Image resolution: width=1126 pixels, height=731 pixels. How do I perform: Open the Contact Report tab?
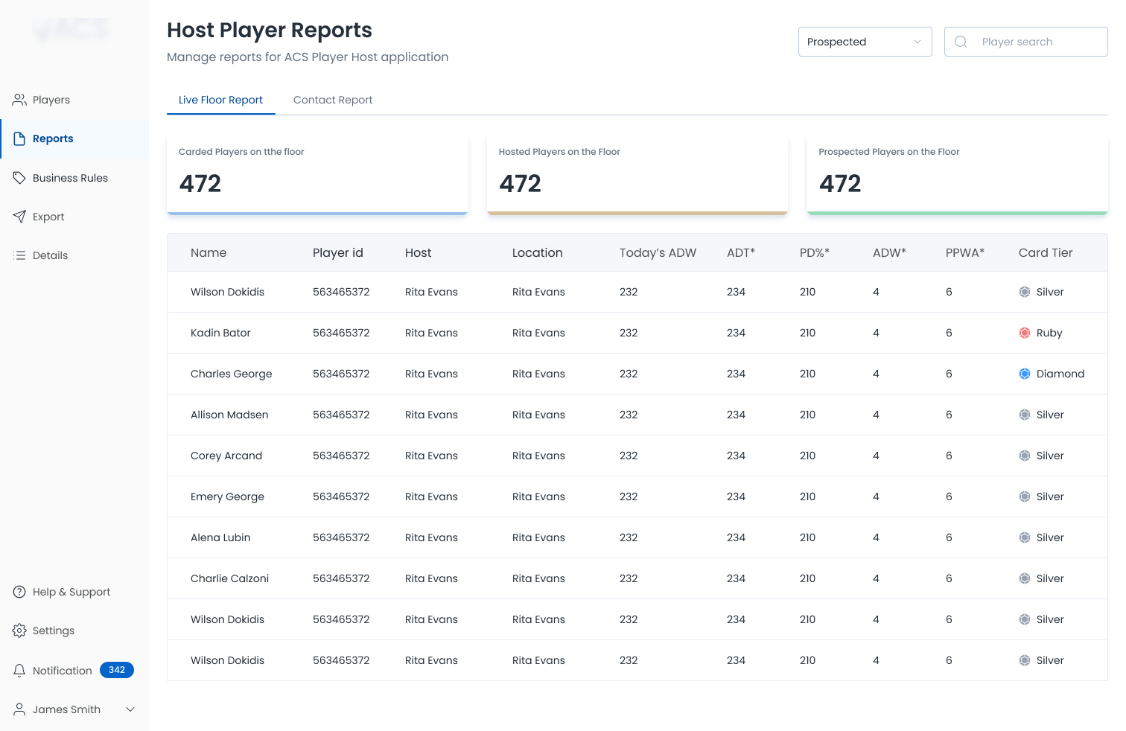pos(332,100)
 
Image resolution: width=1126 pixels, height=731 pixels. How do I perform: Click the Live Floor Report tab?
pos(220,100)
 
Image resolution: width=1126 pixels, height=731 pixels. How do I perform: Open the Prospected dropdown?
pos(865,42)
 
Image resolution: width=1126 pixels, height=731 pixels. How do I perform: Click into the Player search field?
pos(1025,42)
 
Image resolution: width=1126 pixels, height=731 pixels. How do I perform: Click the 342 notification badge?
pos(117,670)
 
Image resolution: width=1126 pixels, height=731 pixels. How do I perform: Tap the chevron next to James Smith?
pos(130,709)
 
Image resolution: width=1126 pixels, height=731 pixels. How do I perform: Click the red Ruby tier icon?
pos(1025,333)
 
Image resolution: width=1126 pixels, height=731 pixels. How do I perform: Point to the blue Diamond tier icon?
pos(1025,374)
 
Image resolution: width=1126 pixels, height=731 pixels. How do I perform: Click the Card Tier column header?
pos(1046,252)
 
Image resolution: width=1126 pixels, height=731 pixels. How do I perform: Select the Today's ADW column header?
pos(658,252)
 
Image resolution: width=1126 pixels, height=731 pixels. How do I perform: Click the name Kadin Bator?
pos(220,333)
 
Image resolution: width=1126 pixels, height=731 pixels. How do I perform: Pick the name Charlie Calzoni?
pos(229,578)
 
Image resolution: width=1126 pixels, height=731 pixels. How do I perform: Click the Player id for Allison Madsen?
pos(341,415)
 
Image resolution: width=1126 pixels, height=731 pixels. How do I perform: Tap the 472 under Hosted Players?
pos(520,183)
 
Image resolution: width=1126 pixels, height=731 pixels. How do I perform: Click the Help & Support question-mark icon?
pos(19,592)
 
